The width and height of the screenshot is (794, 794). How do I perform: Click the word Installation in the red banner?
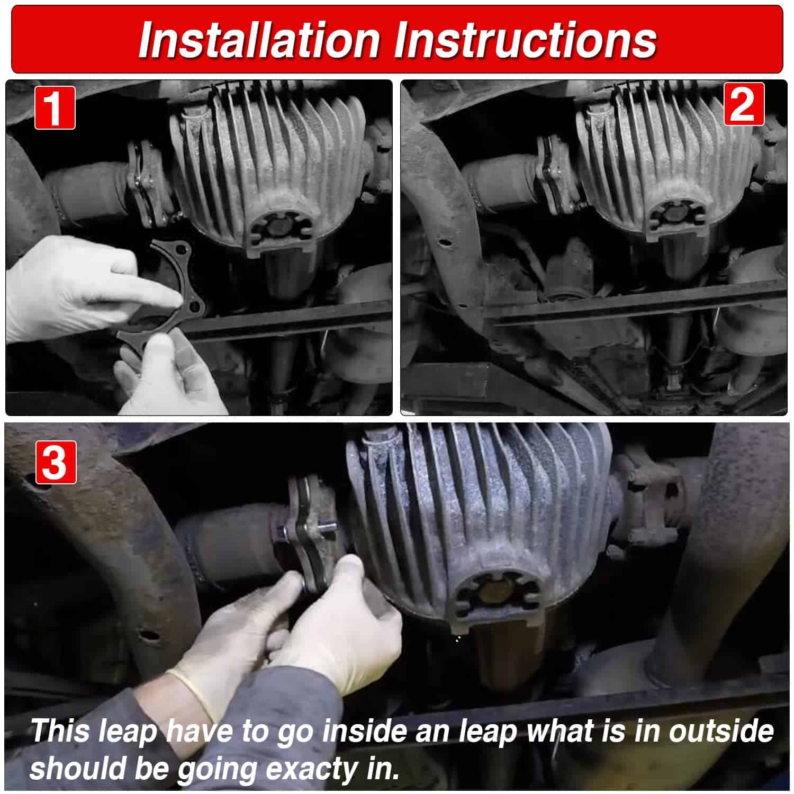click(259, 40)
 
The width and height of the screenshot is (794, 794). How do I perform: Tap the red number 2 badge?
click(744, 104)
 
